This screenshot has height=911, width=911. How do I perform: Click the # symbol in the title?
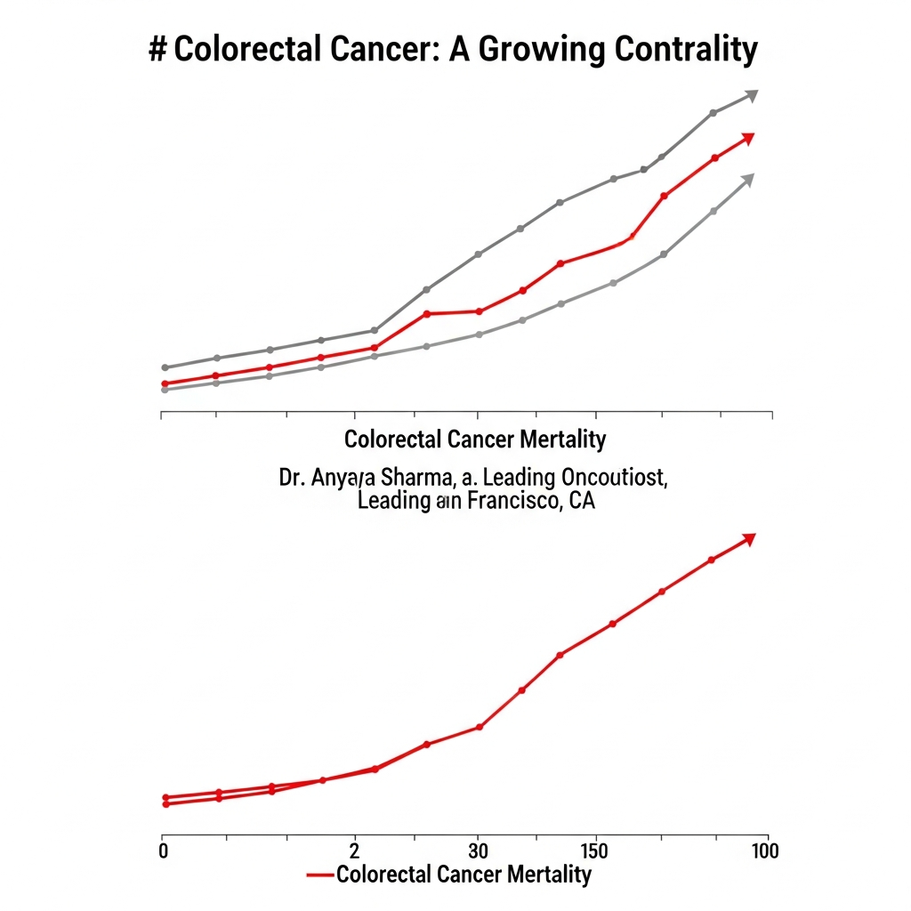point(157,50)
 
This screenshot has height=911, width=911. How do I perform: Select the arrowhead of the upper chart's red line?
point(747,139)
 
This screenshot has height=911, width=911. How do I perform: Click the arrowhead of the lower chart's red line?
point(748,539)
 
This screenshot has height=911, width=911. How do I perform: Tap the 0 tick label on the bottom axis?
point(163,851)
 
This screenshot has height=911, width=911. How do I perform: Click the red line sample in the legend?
point(319,875)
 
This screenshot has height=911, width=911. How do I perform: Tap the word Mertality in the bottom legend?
point(549,875)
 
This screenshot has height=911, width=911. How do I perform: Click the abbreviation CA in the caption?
point(581,501)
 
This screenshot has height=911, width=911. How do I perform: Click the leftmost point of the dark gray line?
point(165,367)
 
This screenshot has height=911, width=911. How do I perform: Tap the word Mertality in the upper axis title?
point(564,439)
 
